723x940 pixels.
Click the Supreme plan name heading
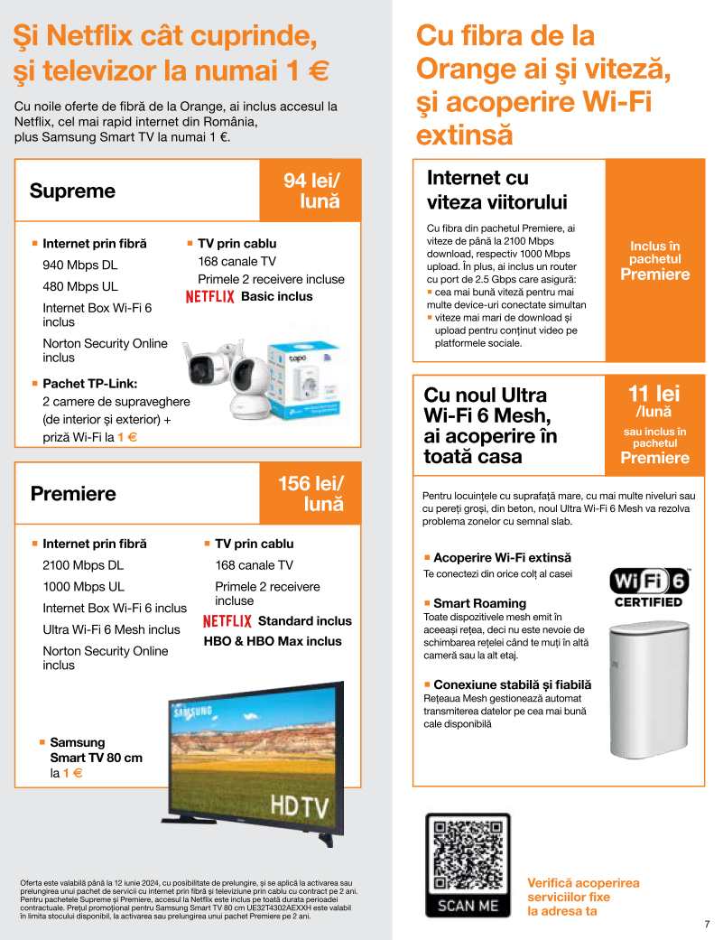click(72, 191)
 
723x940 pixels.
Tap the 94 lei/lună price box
click(311, 191)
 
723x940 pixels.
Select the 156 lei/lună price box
click(311, 493)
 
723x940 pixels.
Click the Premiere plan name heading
click(73, 494)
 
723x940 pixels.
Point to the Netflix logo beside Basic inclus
click(209, 297)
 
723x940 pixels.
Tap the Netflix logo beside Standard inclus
click(227, 621)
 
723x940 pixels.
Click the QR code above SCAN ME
click(467, 856)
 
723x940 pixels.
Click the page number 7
click(707, 924)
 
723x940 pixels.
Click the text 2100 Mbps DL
click(83, 565)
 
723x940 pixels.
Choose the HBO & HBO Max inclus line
click(273, 641)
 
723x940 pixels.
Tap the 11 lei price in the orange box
click(654, 394)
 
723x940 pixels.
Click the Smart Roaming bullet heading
click(479, 603)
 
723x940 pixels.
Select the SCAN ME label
click(467, 904)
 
